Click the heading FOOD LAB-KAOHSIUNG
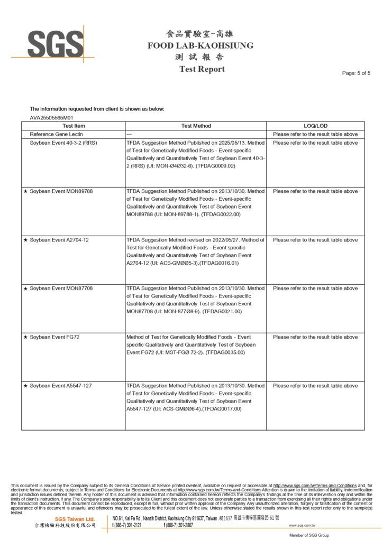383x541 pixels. pos(200,45)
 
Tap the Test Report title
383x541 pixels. pos(202,69)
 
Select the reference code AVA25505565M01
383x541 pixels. pos(51,118)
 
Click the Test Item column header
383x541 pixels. pos(74,126)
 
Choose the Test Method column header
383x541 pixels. pos(196,126)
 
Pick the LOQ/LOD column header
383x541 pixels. pos(315,126)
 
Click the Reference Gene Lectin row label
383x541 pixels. pos(57,134)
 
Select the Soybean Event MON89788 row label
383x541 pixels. pos(61,191)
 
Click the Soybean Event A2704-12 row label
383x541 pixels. pos(59,240)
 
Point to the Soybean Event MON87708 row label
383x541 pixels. pos(61,288)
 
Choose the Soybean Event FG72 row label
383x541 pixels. pos(54,337)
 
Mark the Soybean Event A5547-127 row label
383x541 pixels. pos(61,386)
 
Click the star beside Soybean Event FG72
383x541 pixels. pos(26,337)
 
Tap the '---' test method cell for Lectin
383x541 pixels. pos(130,134)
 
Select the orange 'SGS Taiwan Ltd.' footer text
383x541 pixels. pos(75,519)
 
